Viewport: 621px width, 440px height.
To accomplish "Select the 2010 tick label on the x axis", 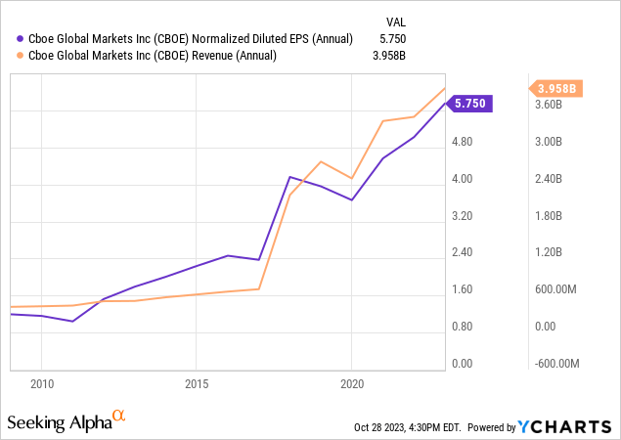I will click(41, 382).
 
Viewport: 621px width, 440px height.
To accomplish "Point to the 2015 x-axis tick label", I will click(197, 382).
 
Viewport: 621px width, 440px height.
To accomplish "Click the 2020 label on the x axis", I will click(352, 382).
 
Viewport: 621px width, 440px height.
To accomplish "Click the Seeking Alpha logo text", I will click(59, 422).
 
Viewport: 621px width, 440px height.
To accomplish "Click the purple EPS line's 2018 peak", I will click(289, 177).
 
